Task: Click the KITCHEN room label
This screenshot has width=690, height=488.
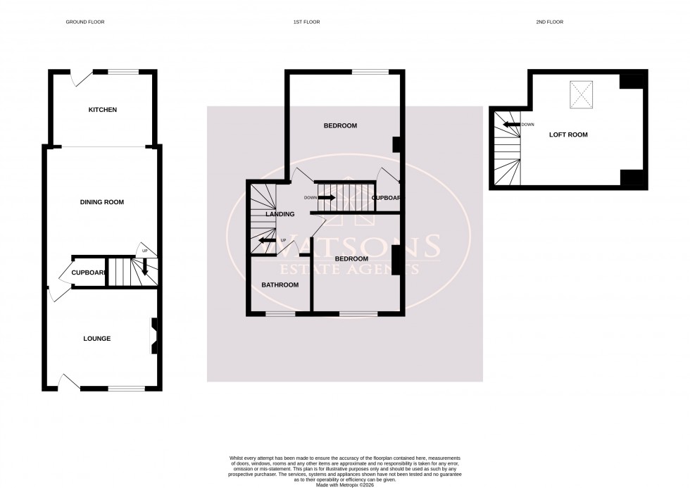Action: pos(102,110)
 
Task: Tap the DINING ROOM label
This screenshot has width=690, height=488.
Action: pos(102,202)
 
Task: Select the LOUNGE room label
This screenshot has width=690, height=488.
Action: pos(96,339)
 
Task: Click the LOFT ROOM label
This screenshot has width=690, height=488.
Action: pos(568,134)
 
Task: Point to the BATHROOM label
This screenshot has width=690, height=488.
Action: pos(280,285)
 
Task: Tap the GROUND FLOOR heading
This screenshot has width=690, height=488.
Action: pos(85,22)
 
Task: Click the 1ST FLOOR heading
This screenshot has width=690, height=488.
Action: pos(306,22)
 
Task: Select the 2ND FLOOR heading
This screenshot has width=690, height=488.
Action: pos(550,22)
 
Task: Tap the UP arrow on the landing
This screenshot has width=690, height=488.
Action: pos(266,241)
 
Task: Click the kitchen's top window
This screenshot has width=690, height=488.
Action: pos(124,71)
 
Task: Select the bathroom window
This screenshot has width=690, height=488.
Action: pos(280,313)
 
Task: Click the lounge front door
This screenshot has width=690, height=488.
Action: pos(69,383)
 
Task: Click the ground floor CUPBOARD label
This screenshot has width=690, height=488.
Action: pos(88,273)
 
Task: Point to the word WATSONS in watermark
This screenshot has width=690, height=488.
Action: pos(344,248)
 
